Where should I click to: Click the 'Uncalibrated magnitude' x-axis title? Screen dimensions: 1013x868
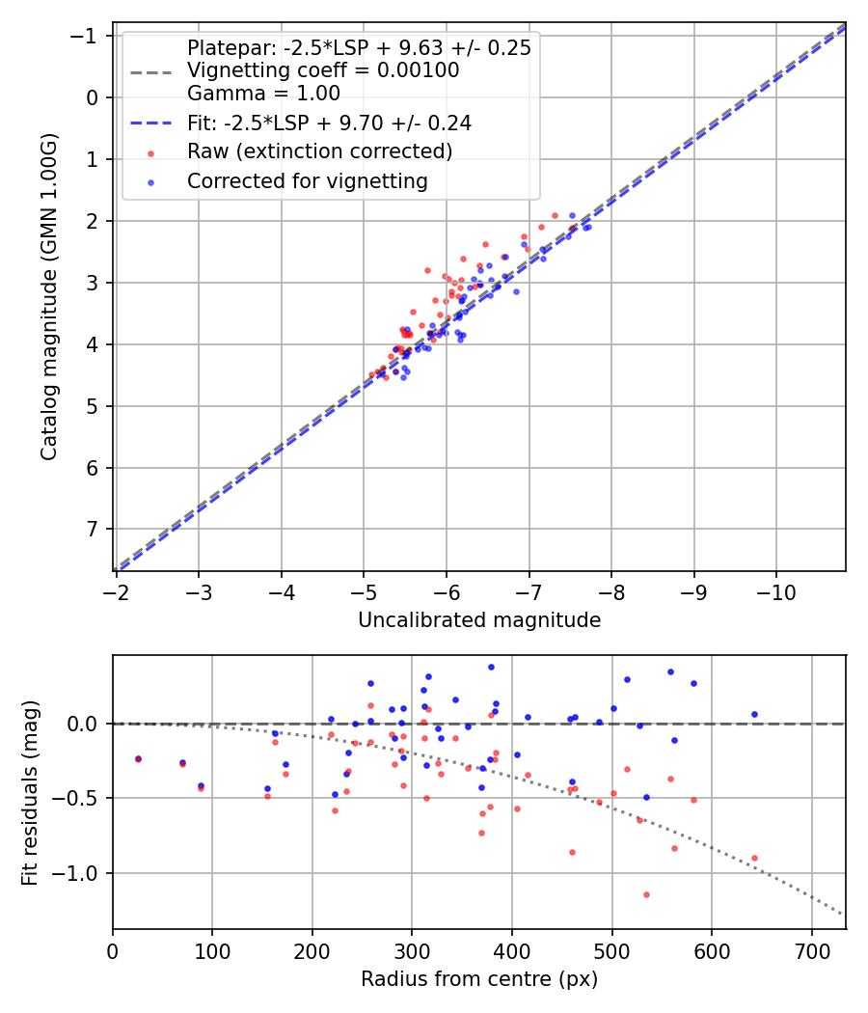479,620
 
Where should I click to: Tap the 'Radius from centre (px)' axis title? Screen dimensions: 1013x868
479,979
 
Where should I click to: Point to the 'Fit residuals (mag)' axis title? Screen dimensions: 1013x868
29,791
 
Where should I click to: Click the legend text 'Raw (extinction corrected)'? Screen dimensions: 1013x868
319,151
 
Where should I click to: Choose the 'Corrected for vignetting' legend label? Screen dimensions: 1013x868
307,180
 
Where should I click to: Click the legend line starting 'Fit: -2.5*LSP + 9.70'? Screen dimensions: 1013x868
328,123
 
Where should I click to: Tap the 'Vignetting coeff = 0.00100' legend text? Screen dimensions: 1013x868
323,70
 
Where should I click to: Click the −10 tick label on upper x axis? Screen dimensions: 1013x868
775,591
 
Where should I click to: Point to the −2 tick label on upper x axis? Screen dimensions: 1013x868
117,591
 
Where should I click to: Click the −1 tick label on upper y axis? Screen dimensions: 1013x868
88,36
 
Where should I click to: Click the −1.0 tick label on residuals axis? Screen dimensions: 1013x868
81,873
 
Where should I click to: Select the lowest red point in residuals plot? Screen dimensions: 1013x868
646,894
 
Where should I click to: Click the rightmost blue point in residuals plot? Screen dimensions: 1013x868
754,714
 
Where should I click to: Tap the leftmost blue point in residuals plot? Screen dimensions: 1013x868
138,758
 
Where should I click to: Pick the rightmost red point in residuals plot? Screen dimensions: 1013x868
754,858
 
